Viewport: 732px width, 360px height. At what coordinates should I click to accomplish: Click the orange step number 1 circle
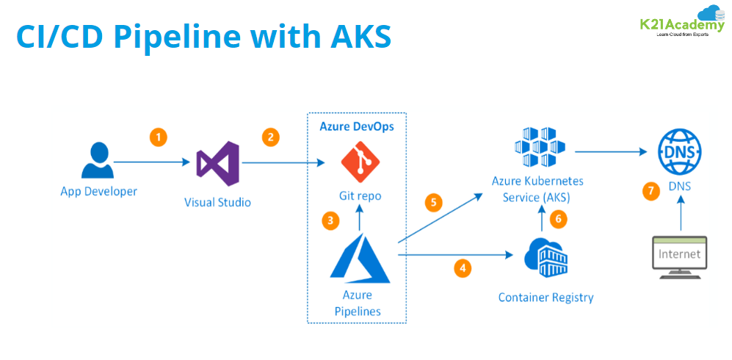coord(157,137)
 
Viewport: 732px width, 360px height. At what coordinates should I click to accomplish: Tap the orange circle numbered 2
coord(271,137)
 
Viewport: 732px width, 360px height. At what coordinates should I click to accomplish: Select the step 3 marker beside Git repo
coord(331,219)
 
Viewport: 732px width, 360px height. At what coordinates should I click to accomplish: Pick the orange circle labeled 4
coord(463,268)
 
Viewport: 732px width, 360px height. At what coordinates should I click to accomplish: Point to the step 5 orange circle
coord(434,203)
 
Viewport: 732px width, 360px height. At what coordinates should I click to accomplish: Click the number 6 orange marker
coord(558,219)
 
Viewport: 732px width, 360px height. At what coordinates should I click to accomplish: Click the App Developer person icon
coord(98,161)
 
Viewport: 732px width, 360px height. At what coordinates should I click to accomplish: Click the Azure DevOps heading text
coord(357,126)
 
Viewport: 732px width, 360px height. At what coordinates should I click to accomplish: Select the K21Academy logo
coord(681,21)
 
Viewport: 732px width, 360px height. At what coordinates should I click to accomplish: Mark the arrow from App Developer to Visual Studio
coord(150,161)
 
